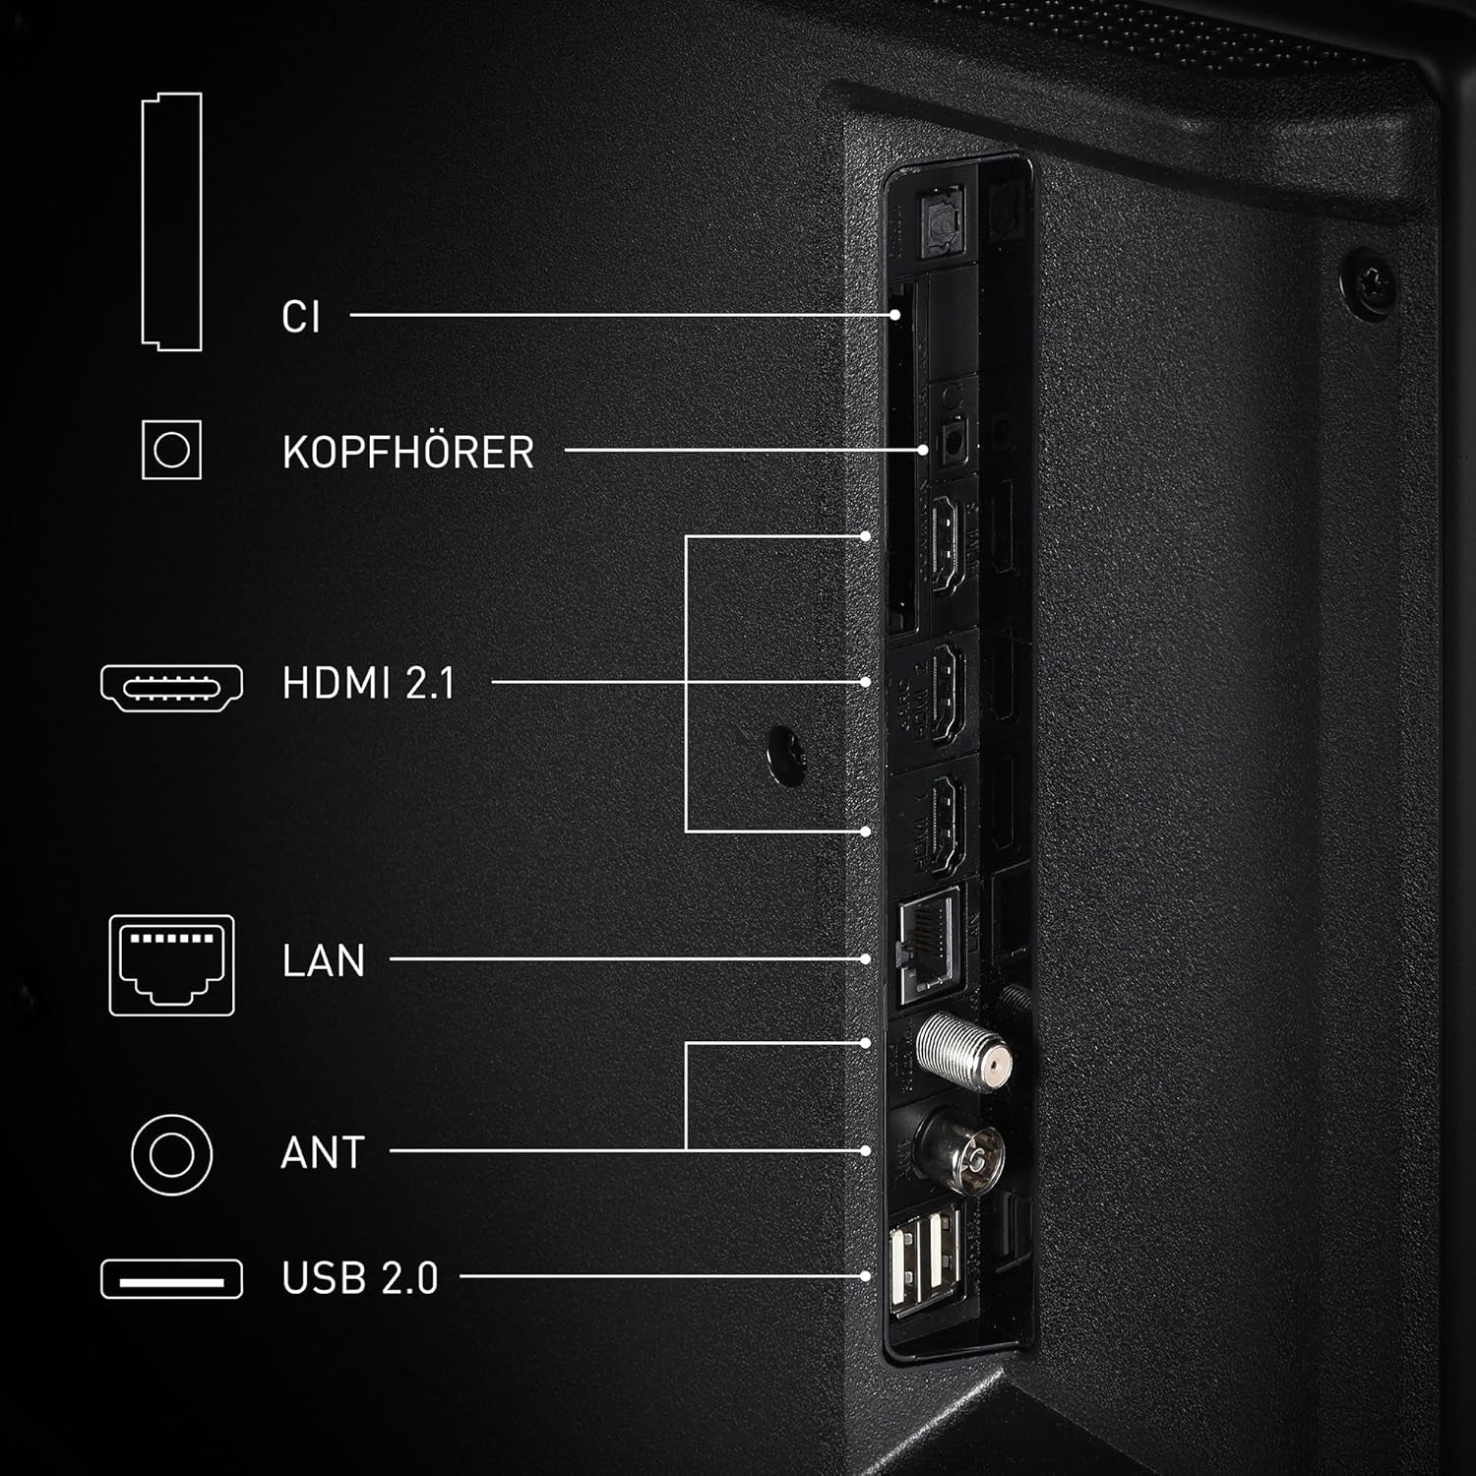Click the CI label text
[x=301, y=317]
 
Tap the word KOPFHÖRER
[x=407, y=452]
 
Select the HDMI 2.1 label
[x=368, y=683]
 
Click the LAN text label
[x=323, y=960]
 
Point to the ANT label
[x=322, y=1152]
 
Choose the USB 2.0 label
[x=359, y=1278]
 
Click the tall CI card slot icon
[x=172, y=221]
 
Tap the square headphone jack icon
[x=172, y=451]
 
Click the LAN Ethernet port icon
[x=172, y=964]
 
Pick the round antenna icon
[x=172, y=1153]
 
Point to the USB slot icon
[x=172, y=1279]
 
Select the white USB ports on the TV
[x=925, y=1262]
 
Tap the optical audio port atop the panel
[x=941, y=220]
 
